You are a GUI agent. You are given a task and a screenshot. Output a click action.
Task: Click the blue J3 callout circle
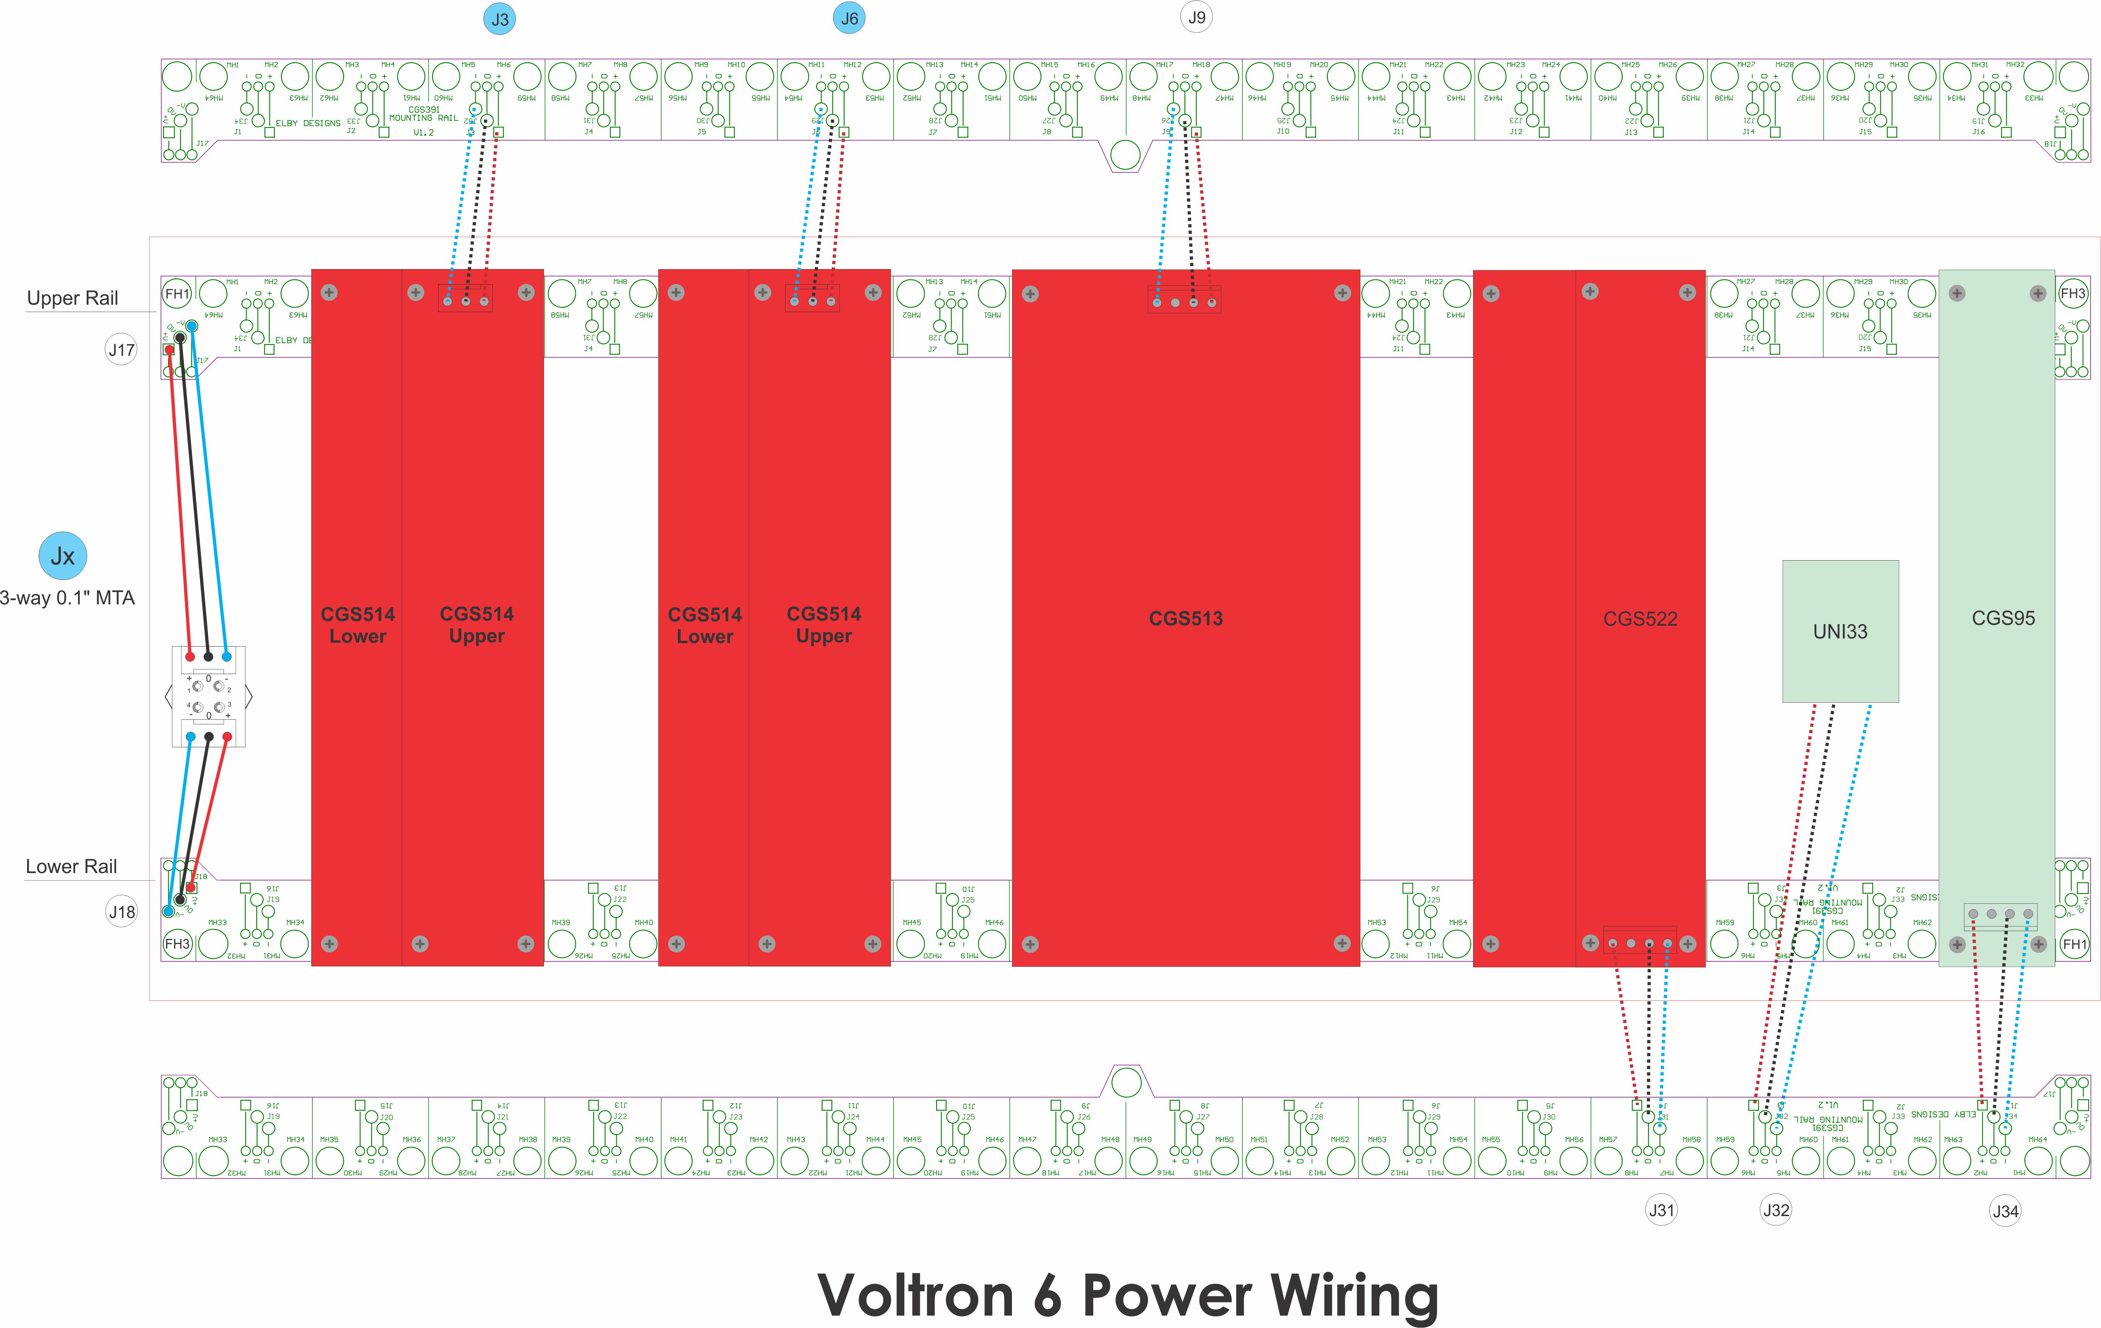click(500, 19)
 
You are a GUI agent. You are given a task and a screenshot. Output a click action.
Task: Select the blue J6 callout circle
click(849, 18)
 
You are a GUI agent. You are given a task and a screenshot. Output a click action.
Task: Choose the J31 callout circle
click(1661, 1210)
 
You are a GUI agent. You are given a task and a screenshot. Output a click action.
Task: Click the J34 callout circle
click(2005, 1211)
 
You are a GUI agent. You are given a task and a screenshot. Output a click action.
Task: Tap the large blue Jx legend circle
click(63, 556)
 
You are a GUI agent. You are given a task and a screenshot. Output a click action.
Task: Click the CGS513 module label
click(1186, 619)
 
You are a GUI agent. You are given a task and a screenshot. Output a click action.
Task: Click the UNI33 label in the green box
click(1840, 632)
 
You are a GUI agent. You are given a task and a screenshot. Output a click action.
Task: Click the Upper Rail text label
click(72, 299)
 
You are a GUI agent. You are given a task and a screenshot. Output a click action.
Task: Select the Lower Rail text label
click(72, 866)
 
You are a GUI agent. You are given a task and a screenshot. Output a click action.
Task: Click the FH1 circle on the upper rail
click(177, 294)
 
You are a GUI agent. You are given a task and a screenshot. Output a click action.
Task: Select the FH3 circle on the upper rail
click(2072, 294)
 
